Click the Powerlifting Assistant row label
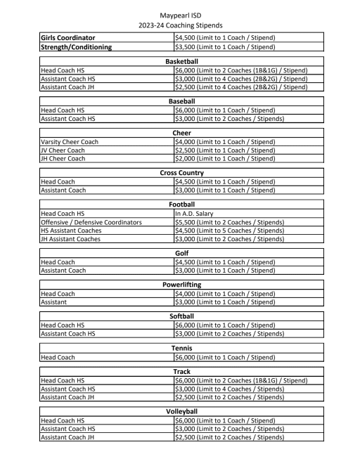(x=58, y=302)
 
